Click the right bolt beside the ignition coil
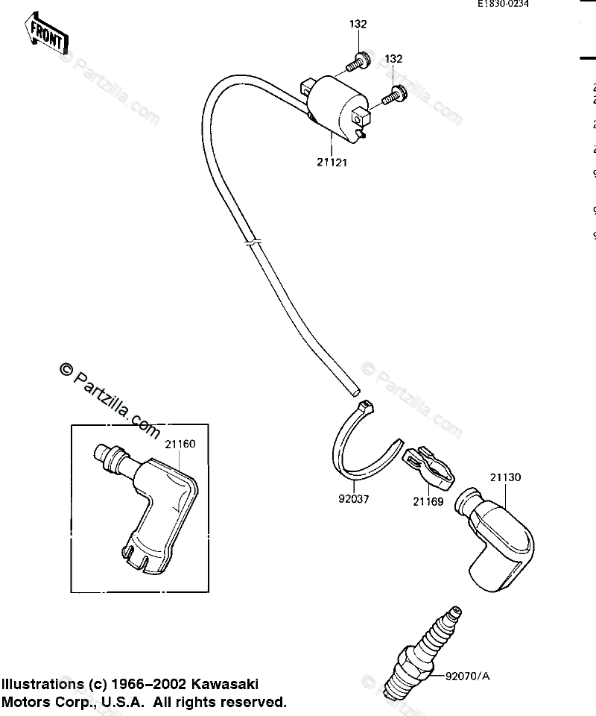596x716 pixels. click(x=393, y=95)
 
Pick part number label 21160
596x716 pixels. click(x=180, y=445)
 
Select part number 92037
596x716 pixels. click(x=353, y=499)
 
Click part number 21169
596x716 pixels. click(x=428, y=502)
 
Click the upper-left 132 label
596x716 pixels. click(x=358, y=24)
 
